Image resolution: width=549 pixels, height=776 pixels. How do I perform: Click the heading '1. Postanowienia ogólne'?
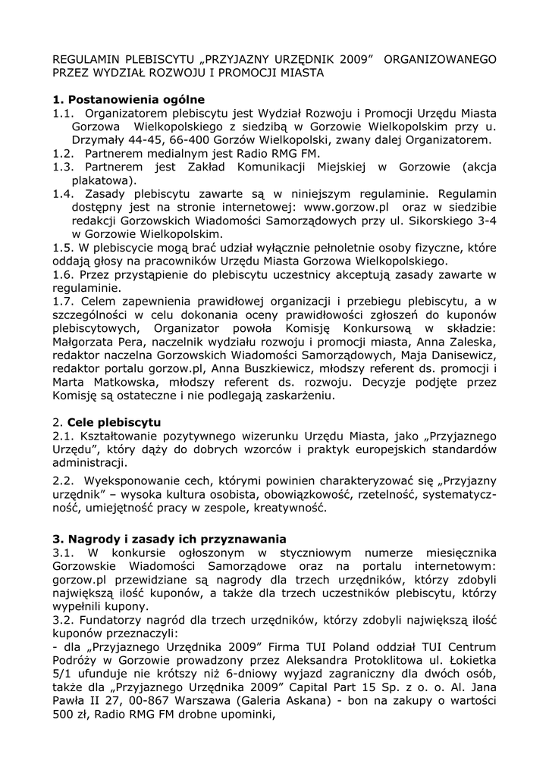click(129, 99)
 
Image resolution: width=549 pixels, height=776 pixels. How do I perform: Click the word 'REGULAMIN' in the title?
click(87, 58)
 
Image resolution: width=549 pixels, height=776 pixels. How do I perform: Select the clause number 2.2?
click(64, 480)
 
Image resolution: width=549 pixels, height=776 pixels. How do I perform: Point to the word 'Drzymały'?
click(99, 140)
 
